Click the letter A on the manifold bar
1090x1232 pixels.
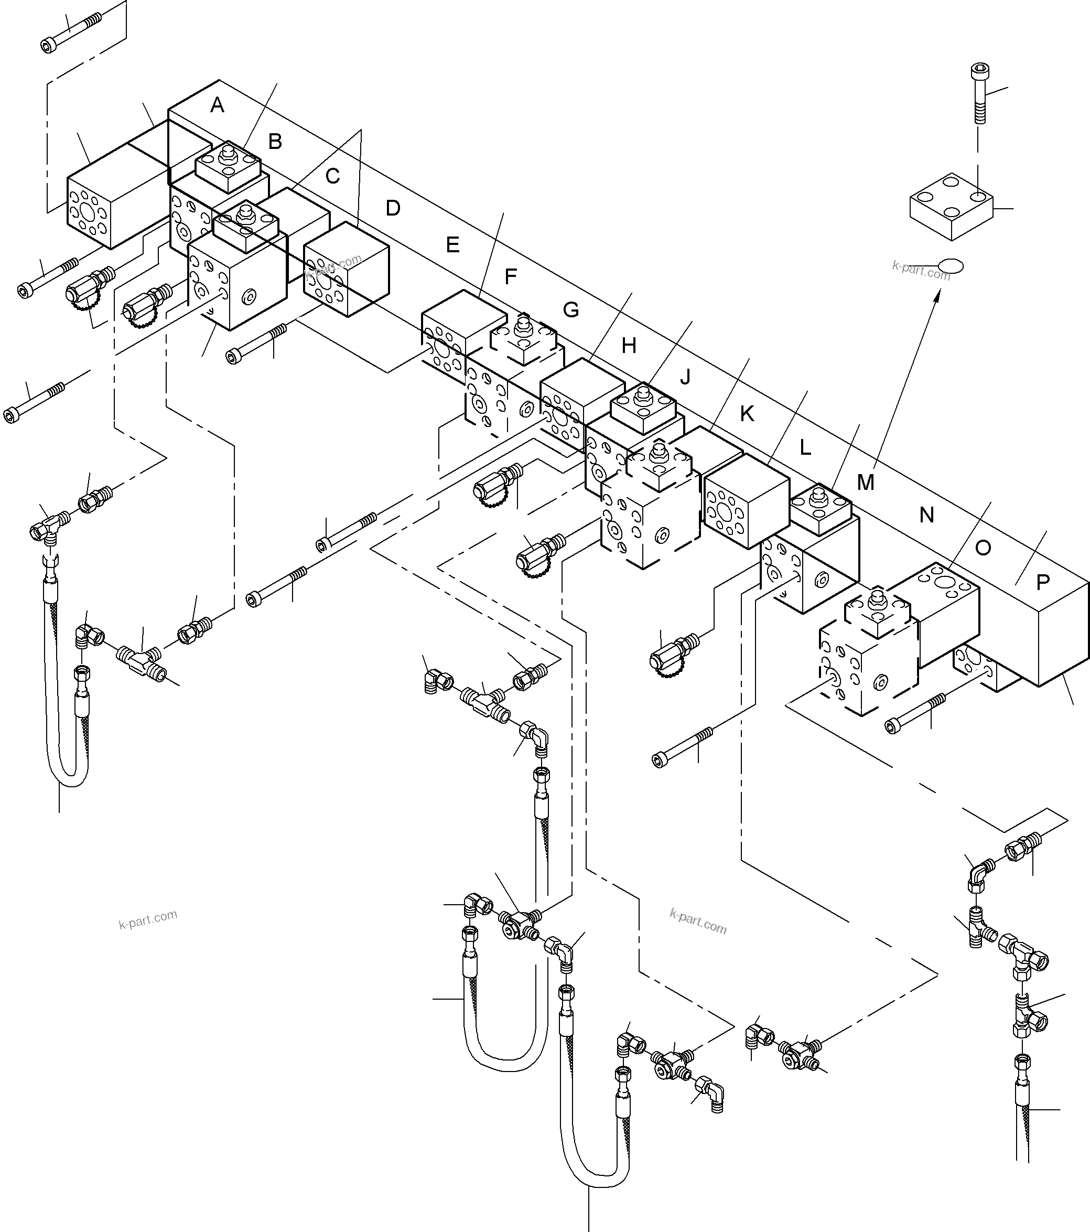[217, 105]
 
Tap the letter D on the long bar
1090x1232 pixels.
[393, 209]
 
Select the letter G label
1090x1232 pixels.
[570, 310]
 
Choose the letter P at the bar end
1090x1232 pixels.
[1042, 582]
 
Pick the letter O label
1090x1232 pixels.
[983, 548]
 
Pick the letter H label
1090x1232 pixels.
[629, 346]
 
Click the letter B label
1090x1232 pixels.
[275, 142]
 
